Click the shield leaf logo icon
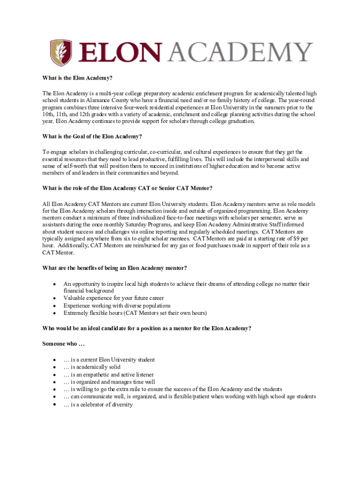pos(61,52)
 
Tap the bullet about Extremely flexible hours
pos(135,313)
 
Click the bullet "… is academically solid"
pos(92,367)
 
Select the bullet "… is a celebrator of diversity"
pos(98,405)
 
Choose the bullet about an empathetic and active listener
pos(108,375)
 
